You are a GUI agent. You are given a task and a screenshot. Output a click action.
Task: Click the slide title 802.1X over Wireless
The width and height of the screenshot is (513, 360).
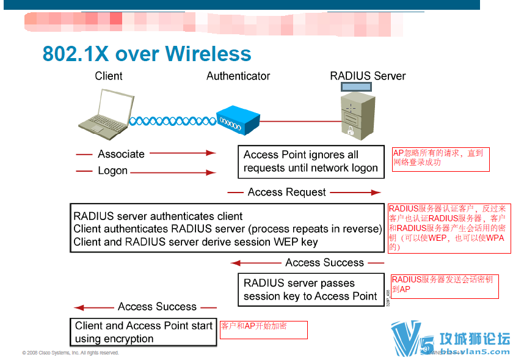point(147,54)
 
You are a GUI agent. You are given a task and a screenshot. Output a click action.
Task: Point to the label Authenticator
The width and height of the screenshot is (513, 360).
point(238,76)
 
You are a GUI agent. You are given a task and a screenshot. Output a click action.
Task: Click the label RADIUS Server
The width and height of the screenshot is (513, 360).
point(368,76)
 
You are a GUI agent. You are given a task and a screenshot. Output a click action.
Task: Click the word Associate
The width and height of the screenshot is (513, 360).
point(121,154)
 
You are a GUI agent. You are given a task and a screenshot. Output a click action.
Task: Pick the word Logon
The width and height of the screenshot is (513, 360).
point(112,171)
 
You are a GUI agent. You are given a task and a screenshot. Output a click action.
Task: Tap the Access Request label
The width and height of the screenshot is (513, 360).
point(286,193)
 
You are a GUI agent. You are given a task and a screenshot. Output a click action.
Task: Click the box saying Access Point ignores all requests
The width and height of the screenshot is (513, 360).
point(311,161)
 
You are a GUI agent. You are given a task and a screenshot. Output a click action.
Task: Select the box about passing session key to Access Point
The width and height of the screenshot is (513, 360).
point(311,290)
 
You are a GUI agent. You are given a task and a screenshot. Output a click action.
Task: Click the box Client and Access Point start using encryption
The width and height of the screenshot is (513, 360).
point(144,332)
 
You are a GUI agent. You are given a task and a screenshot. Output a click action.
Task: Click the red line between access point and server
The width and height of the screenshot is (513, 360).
point(300,121)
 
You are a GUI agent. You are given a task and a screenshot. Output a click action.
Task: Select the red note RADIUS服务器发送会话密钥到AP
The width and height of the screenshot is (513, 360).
point(444,284)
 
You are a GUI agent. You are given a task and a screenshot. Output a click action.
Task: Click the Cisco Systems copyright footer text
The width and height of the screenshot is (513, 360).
point(70,353)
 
